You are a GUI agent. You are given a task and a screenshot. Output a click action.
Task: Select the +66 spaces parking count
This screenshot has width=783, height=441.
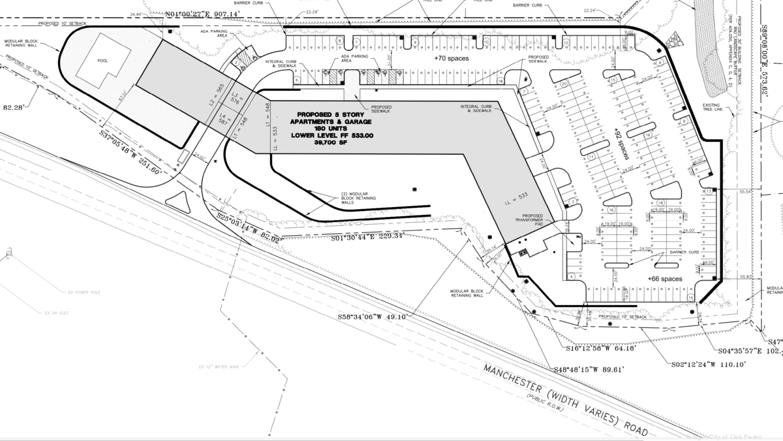tap(664, 279)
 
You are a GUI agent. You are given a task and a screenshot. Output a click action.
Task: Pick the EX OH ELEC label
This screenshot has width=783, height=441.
tap(56, 314)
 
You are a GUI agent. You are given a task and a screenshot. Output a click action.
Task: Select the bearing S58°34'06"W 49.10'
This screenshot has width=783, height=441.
tap(373, 317)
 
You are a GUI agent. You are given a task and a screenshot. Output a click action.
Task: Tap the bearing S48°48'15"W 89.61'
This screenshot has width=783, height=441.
tap(589, 369)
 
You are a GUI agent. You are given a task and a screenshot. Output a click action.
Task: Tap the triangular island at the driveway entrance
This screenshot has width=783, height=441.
tap(179, 199)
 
